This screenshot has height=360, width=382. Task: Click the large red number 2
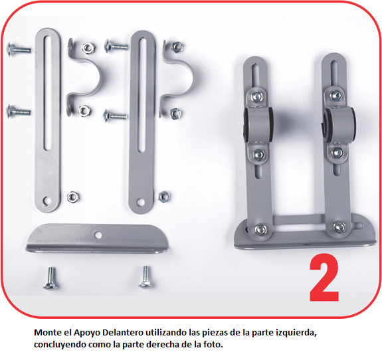pos(324,278)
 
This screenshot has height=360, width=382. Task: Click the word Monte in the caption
pos(48,333)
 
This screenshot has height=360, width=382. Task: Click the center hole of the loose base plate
pos(98,235)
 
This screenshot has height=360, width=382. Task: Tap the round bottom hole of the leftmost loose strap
pos(47,201)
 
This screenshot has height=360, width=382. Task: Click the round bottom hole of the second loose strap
pos(140,202)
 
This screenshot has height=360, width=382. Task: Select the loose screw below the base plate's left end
pos(50,278)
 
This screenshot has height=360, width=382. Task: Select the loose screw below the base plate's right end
pos(146,277)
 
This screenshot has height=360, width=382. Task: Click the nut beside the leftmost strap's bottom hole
pos(73,197)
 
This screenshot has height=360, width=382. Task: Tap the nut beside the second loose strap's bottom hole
pos(164,197)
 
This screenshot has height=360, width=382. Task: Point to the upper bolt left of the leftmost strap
pos(19,49)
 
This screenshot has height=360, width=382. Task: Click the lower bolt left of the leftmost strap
pos(19,112)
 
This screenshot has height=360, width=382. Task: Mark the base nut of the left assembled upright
pos(260,229)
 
